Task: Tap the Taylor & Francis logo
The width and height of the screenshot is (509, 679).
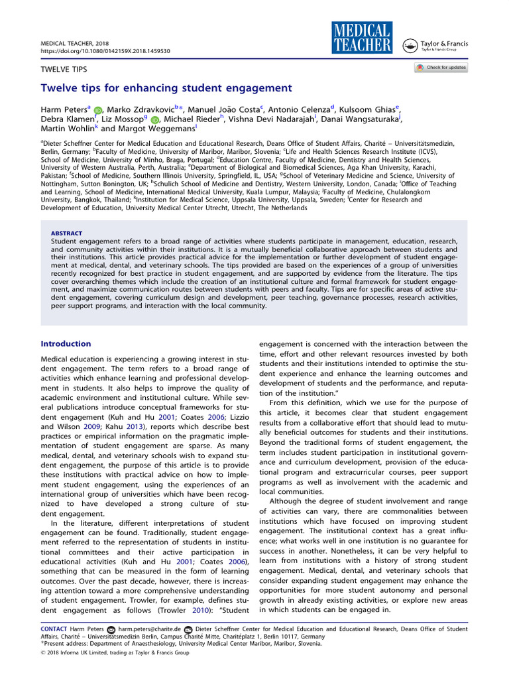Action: (442, 46)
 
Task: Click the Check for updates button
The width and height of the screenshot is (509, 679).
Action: (441, 68)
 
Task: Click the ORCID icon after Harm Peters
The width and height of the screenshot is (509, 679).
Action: (97, 109)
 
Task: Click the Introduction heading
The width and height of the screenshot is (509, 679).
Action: (66, 343)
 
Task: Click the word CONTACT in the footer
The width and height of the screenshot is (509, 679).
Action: (53, 629)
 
